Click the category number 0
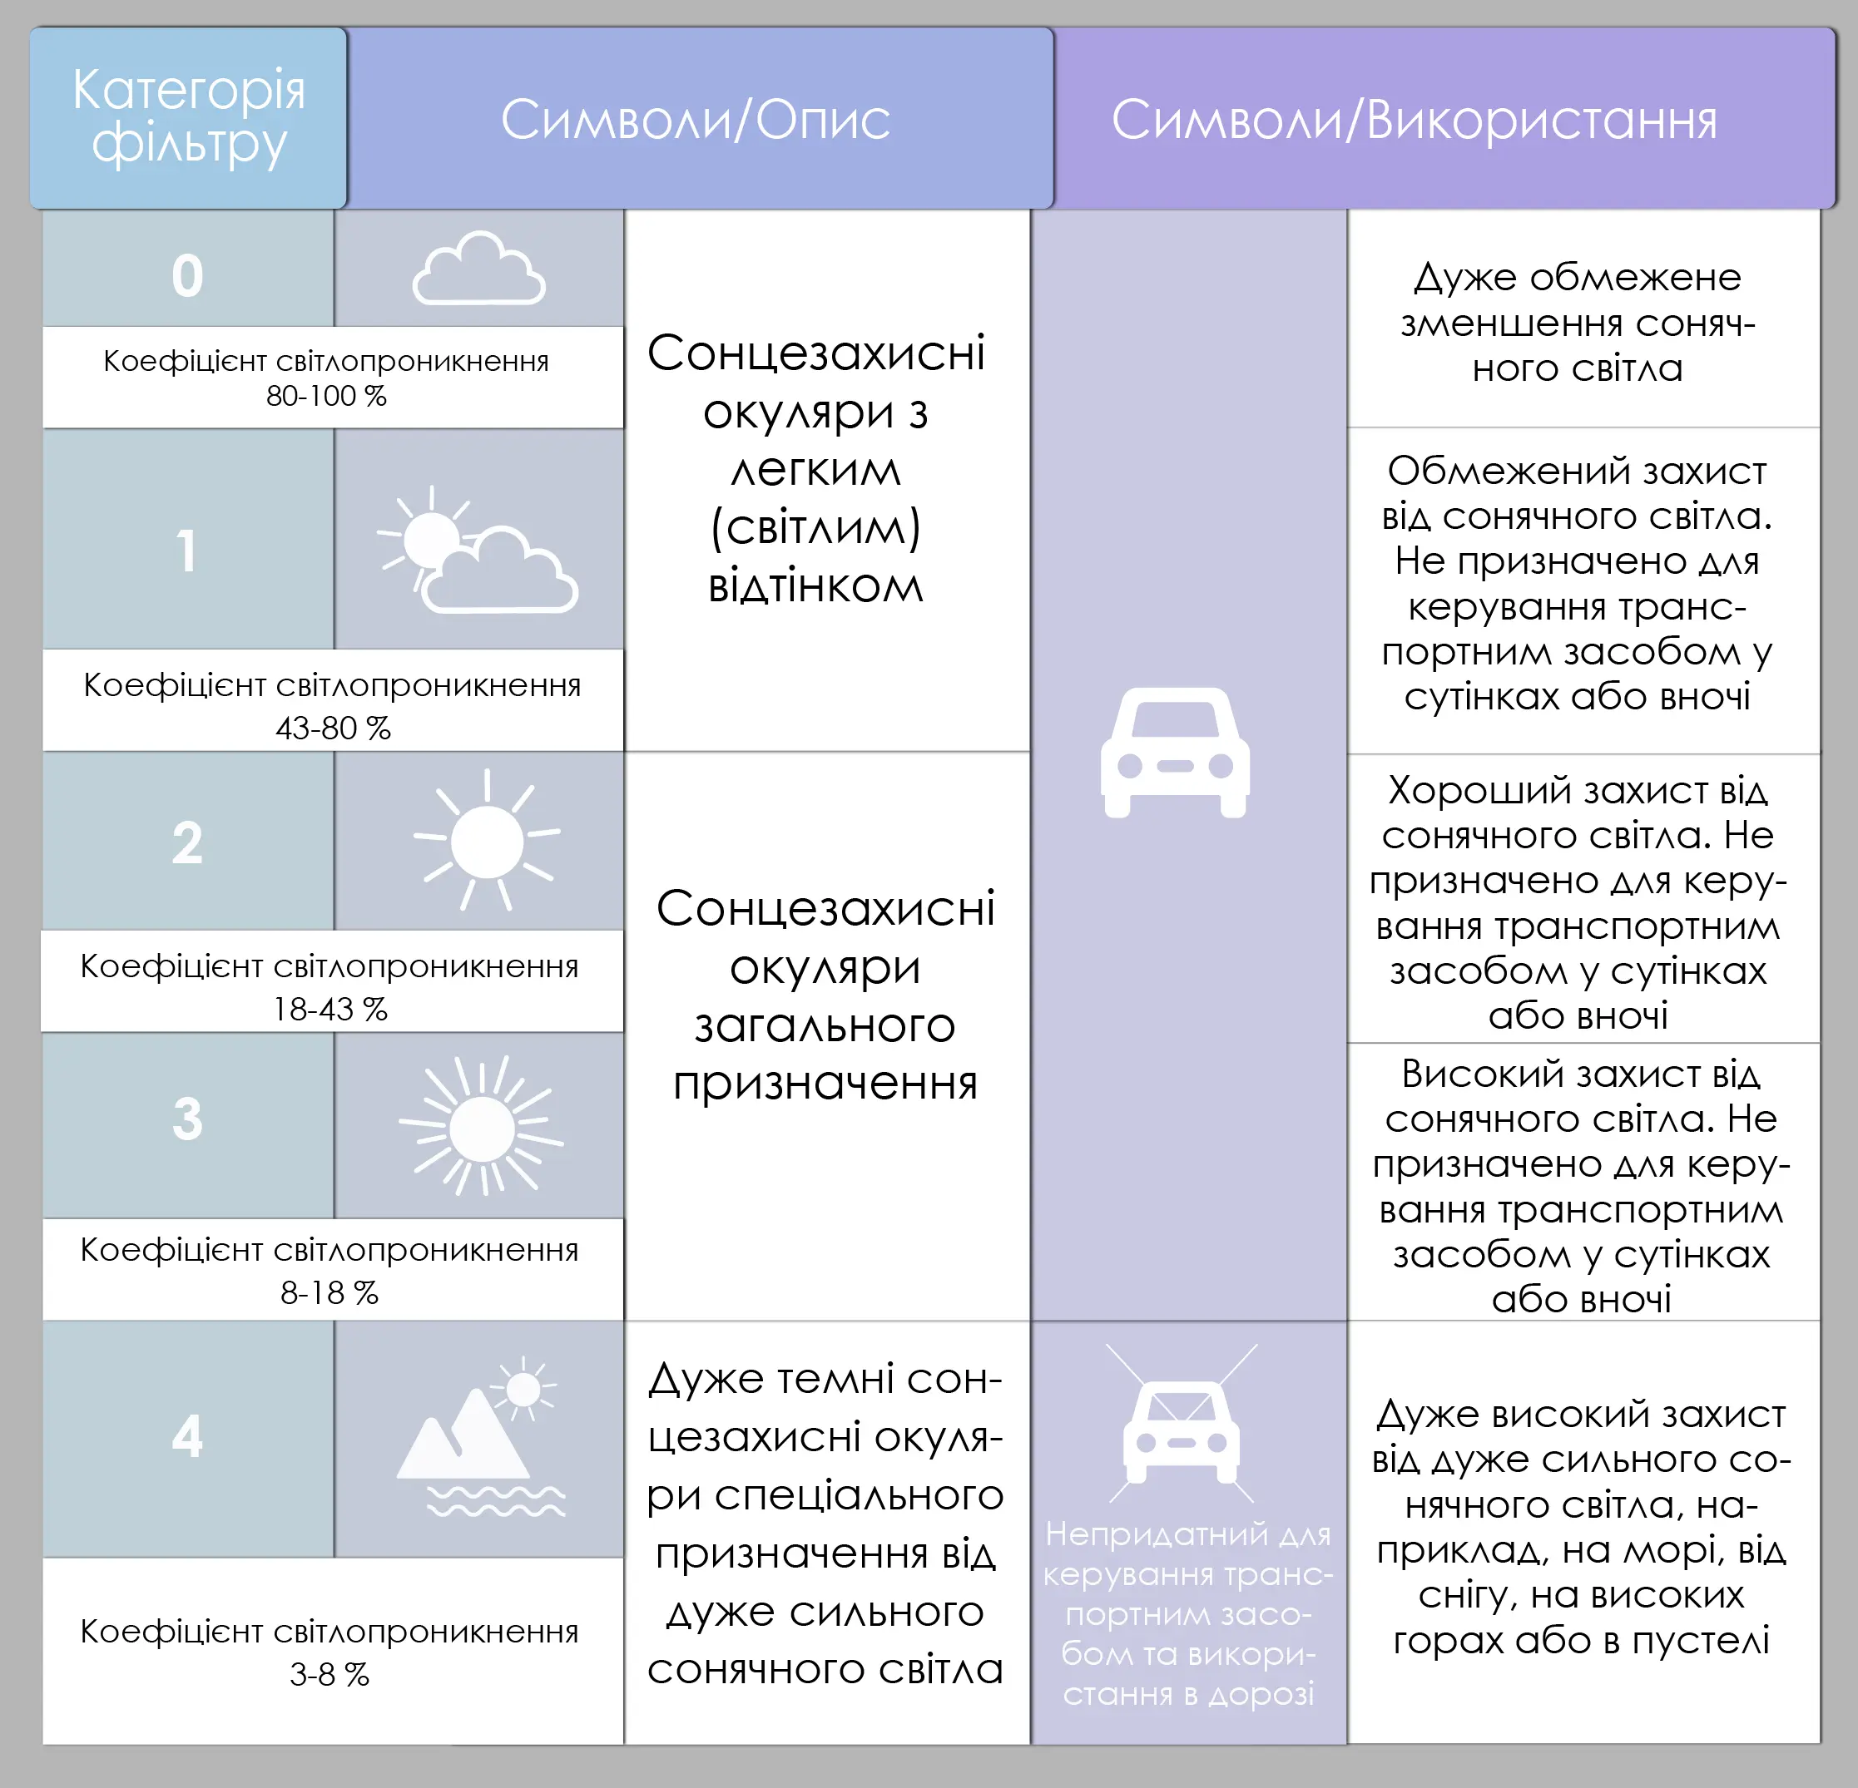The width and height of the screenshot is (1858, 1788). [188, 276]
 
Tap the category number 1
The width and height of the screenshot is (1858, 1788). [188, 551]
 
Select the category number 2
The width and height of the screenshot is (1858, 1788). [188, 842]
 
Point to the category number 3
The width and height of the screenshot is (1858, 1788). [188, 1118]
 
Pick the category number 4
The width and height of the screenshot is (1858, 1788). [188, 1436]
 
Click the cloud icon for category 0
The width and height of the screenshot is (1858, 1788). [478, 269]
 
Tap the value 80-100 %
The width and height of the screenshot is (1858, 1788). [326, 396]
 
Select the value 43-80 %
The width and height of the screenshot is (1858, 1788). [333, 728]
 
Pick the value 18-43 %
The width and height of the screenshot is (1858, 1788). [329, 1009]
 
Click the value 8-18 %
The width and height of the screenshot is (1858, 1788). [329, 1292]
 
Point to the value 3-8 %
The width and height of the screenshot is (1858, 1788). [329, 1674]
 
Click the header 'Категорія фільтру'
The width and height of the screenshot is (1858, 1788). [189, 116]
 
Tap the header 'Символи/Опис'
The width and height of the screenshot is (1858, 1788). [695, 120]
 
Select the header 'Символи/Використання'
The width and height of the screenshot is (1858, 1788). [1414, 121]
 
